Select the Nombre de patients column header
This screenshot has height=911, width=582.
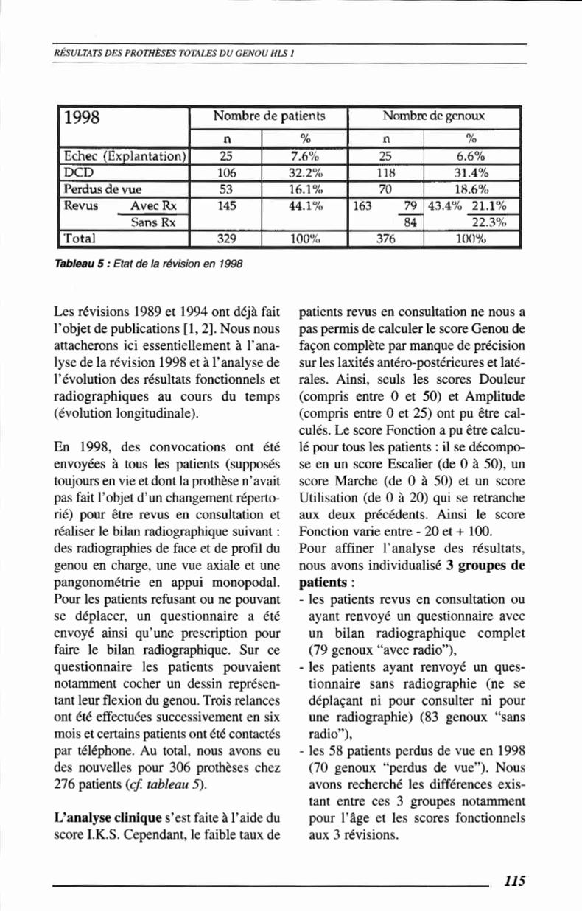click(269, 116)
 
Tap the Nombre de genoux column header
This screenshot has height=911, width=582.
click(434, 116)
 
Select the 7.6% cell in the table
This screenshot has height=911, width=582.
click(304, 156)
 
